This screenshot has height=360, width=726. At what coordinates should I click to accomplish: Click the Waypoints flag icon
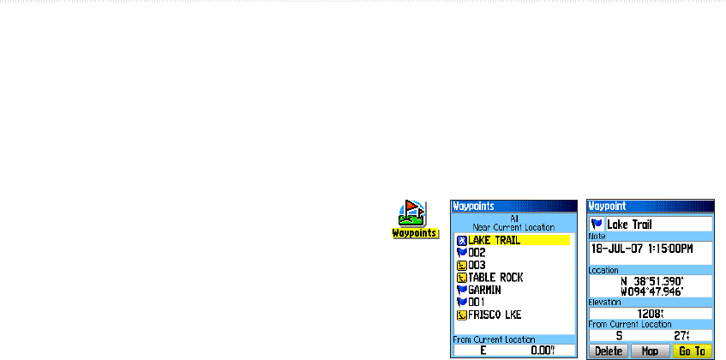click(415, 213)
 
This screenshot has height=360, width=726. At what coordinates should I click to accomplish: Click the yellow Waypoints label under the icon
click(416, 233)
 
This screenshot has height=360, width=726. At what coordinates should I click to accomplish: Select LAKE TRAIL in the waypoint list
click(494, 240)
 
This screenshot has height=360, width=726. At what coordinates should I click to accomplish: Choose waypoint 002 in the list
click(478, 253)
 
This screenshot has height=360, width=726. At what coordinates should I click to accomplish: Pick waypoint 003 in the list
click(478, 266)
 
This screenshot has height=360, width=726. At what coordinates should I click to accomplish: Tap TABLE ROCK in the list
click(495, 278)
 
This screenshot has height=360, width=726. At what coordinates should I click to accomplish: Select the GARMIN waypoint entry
click(485, 290)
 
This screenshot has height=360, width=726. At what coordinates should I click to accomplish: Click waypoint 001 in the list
click(478, 303)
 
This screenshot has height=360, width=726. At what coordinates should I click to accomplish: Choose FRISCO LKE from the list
click(495, 315)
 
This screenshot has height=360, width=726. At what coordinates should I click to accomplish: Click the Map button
click(649, 351)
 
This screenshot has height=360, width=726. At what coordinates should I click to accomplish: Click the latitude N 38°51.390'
click(651, 280)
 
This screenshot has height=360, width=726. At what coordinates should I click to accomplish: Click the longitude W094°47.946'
click(651, 290)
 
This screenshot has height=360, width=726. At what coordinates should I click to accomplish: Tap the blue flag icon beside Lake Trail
click(597, 224)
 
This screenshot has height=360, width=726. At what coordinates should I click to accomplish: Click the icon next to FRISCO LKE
click(461, 315)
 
